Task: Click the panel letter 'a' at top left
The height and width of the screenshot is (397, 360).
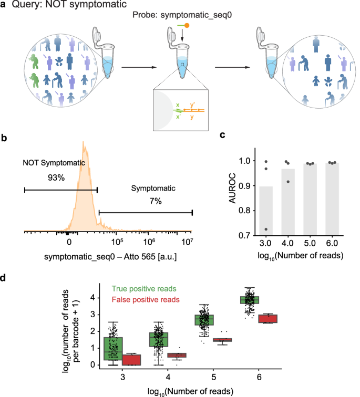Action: [x=5, y=6]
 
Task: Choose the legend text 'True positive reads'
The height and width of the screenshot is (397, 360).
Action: [x=144, y=288]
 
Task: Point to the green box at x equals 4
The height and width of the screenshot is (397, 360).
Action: [x=159, y=339]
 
